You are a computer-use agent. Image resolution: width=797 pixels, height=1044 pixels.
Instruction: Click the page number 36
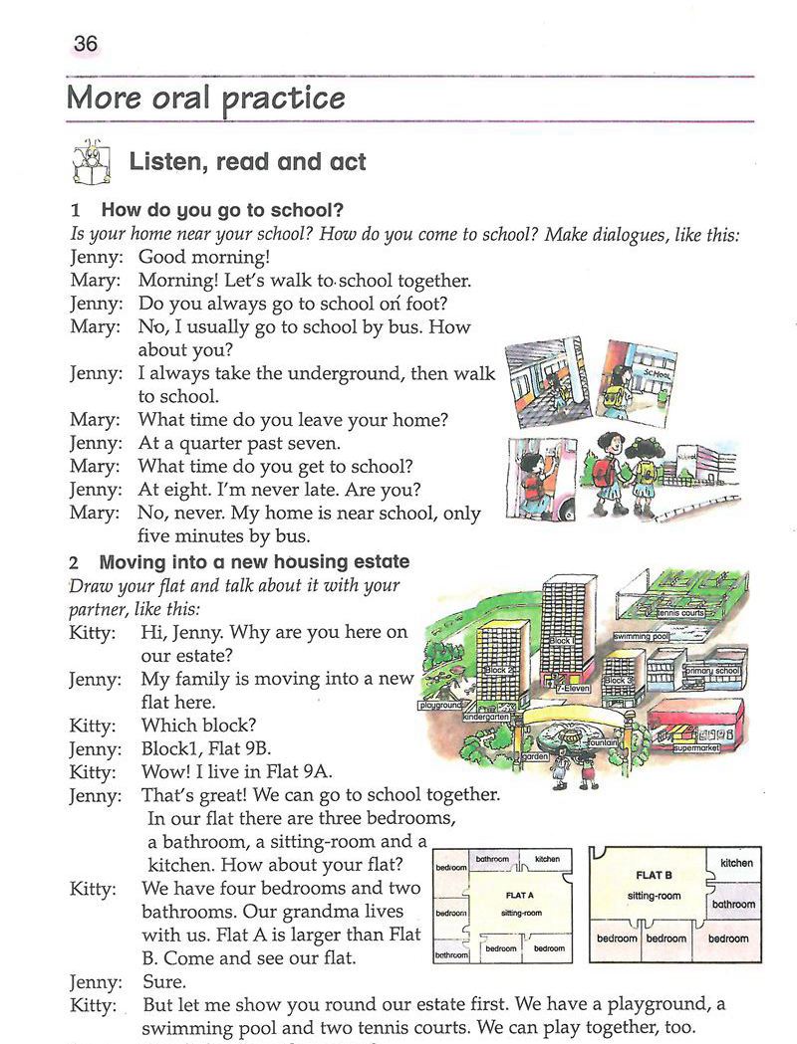tap(85, 44)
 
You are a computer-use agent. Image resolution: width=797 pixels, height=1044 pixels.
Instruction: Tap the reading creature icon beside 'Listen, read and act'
tap(92, 161)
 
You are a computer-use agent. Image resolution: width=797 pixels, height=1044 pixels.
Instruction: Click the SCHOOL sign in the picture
tap(656, 373)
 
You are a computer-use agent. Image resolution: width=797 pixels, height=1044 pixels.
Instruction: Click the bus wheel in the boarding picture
tap(566, 509)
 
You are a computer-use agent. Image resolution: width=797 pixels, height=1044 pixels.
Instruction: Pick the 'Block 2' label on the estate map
tap(495, 671)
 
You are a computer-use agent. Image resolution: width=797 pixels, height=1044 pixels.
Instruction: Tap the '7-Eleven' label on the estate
tap(575, 688)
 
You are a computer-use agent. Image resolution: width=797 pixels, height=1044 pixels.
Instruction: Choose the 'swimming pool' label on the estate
tap(641, 635)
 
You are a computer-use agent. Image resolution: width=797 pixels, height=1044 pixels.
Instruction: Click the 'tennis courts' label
tap(680, 613)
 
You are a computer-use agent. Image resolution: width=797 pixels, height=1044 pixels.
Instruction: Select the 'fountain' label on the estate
tap(603, 742)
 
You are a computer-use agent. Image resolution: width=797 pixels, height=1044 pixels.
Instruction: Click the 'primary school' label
tap(711, 672)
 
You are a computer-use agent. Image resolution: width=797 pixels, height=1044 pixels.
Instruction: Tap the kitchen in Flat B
tap(736, 863)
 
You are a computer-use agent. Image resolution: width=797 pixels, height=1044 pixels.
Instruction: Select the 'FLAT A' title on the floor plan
tap(520, 896)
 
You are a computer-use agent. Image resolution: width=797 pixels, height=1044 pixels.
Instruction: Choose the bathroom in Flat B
tap(733, 905)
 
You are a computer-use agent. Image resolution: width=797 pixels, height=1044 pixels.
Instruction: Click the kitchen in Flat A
tap(547, 859)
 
